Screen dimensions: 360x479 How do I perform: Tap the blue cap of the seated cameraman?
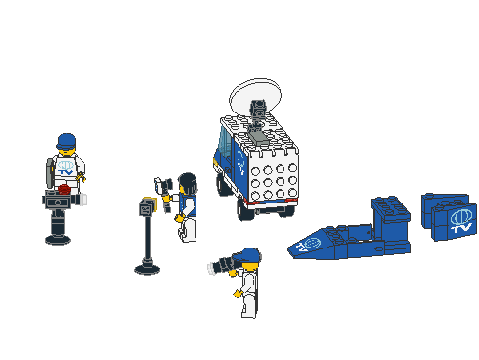tap(66, 140)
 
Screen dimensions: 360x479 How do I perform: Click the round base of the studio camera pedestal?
tap(59, 238)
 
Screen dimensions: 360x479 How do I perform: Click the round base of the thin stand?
tap(148, 266)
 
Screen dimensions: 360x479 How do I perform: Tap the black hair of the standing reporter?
tap(188, 182)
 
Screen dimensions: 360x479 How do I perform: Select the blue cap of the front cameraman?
tap(250, 255)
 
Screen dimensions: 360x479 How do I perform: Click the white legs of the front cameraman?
tap(249, 303)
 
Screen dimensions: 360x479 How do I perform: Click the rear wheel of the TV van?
tap(240, 204)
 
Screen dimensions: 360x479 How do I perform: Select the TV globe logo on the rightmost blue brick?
tap(461, 219)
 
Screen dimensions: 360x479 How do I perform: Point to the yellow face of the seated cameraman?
tap(66, 152)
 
